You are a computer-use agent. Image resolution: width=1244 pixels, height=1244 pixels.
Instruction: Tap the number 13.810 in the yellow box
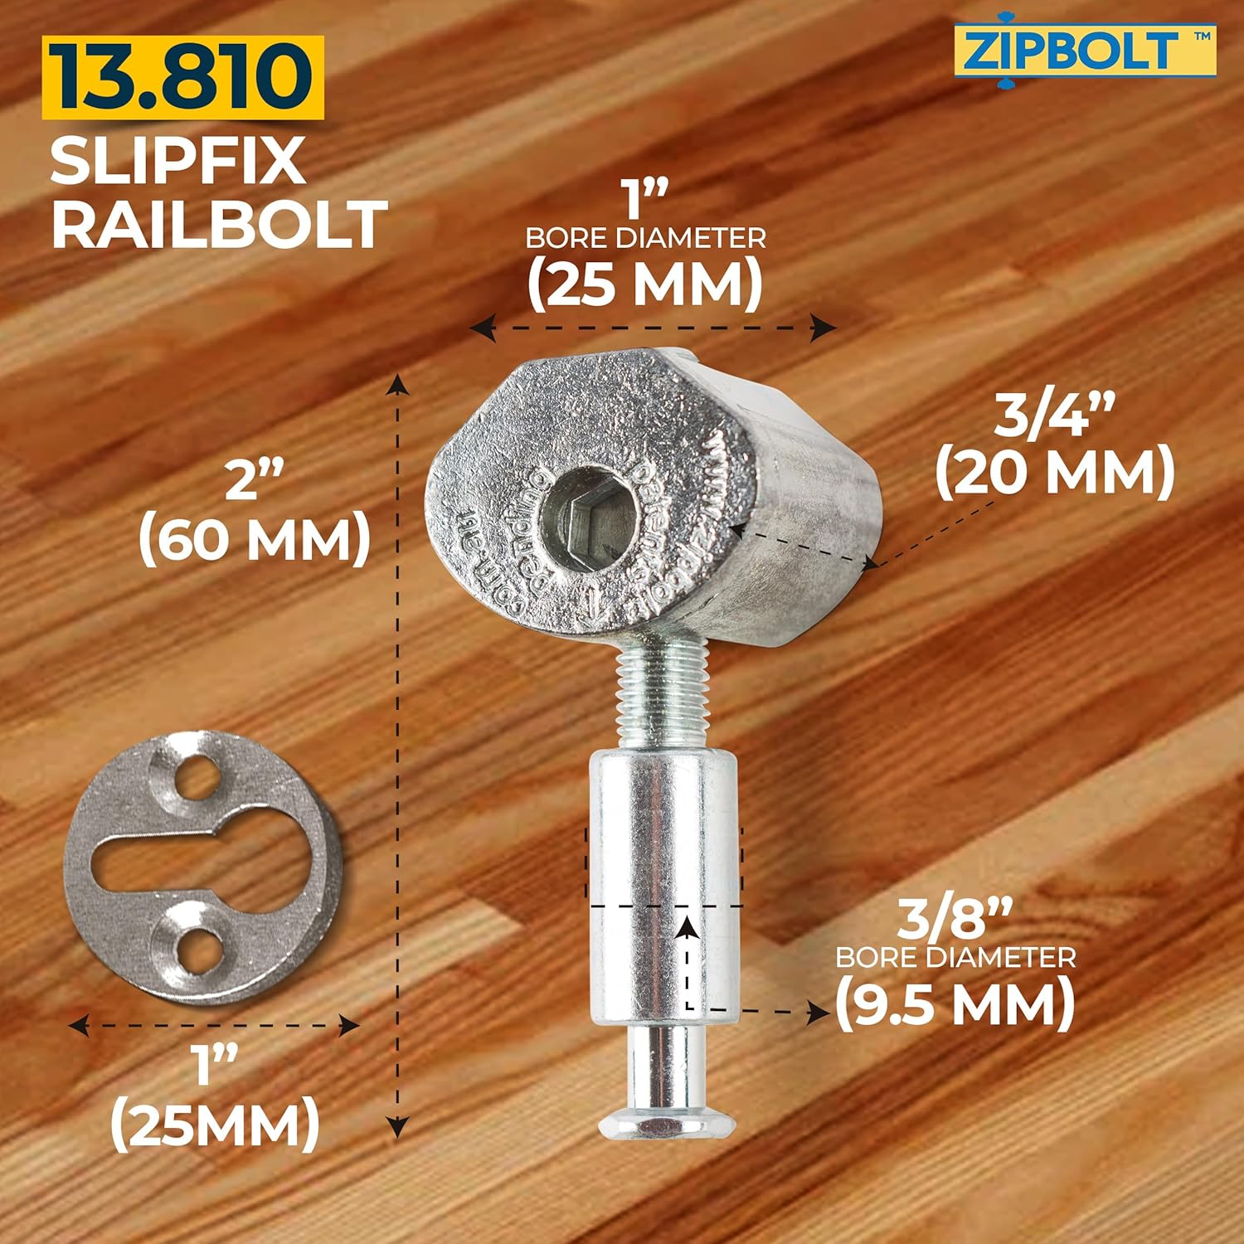pyautogui.click(x=183, y=77)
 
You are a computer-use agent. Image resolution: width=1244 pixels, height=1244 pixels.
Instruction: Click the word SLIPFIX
pyautogui.click(x=177, y=161)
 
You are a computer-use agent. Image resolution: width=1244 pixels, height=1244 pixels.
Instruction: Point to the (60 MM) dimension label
pyautogui.click(x=255, y=540)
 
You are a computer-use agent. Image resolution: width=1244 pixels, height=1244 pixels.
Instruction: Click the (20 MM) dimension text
pyautogui.click(x=1055, y=473)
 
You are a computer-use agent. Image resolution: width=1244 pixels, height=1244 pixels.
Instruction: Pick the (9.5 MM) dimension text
pyautogui.click(x=955, y=1003)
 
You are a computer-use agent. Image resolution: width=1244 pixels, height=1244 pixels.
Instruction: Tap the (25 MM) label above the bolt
pyautogui.click(x=645, y=284)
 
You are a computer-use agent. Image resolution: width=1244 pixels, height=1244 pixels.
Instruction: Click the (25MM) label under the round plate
pyautogui.click(x=215, y=1124)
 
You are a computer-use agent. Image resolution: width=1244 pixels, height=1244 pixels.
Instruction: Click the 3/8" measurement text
pyautogui.click(x=955, y=919)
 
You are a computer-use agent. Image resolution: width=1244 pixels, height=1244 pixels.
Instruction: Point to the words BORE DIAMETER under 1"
pyautogui.click(x=645, y=239)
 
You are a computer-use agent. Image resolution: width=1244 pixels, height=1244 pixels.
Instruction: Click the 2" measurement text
pyautogui.click(x=255, y=481)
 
